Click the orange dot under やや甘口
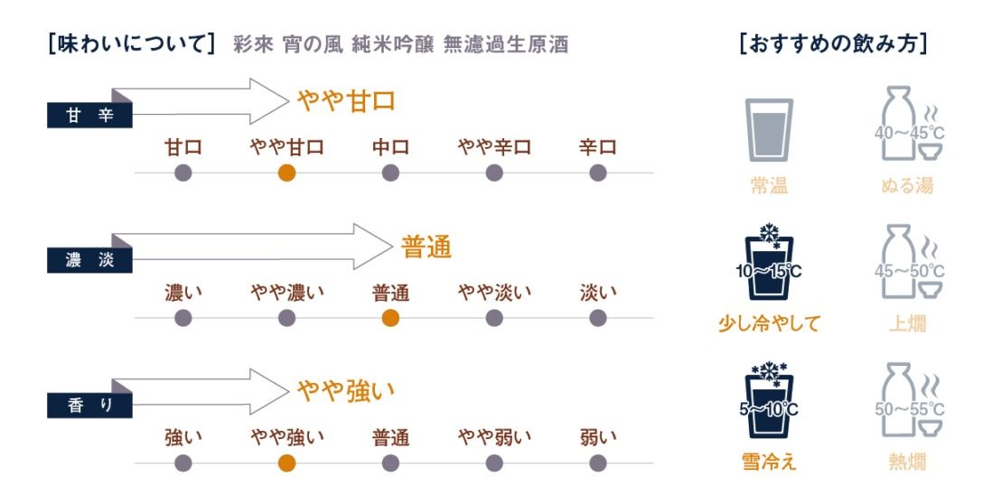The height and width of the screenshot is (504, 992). coord(286,173)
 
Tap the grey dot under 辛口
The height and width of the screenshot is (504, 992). coord(598,173)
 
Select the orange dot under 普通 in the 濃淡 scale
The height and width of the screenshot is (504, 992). coord(390,318)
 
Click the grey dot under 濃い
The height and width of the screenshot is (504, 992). coord(182,318)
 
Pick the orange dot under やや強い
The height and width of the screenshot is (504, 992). coord(286,463)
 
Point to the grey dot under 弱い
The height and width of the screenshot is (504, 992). coord(598,463)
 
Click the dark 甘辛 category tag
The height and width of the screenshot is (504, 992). coord(89,115)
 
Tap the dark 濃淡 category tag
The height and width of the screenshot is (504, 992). coord(89,260)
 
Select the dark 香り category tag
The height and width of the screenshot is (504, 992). coord(89,406)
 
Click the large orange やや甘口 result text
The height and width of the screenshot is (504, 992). coord(347,100)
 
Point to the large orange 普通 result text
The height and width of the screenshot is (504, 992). coord(426,247)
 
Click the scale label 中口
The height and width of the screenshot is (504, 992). coord(390,147)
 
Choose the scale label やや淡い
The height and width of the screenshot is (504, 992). coord(494,293)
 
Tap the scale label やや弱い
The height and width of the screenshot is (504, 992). coord(494,437)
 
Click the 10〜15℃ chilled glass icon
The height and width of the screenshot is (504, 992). coord(769,262)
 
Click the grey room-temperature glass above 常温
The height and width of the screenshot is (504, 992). coord(769,130)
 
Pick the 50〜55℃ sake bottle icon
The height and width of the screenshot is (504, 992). coord(909,400)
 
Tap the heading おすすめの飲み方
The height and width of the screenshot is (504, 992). coord(833,43)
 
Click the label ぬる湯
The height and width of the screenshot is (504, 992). coord(907,185)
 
